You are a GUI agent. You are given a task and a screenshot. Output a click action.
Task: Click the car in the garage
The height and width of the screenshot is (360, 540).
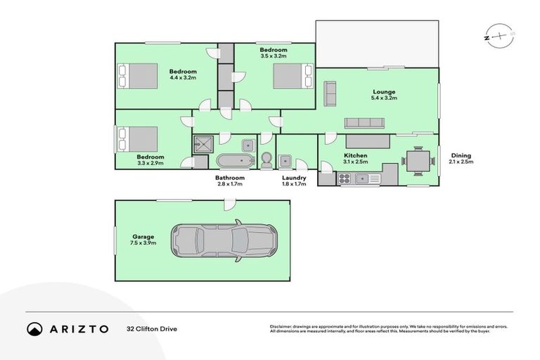click(x=224, y=240)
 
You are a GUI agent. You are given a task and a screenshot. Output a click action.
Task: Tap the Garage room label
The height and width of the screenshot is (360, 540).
click(x=143, y=236)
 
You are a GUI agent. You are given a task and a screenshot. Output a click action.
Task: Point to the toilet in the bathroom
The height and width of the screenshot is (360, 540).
click(x=266, y=160)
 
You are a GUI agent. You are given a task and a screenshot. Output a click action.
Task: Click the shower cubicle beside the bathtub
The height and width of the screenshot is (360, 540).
click(x=199, y=145)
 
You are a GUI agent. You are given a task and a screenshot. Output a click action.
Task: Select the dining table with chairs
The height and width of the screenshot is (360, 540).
click(x=418, y=161)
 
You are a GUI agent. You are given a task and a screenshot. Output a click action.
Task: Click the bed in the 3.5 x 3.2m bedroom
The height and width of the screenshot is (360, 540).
click(x=292, y=75)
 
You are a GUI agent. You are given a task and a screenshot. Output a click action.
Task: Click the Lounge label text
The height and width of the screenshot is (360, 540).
click(x=384, y=91)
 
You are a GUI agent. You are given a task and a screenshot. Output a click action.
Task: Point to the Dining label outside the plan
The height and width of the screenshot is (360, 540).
click(x=461, y=155)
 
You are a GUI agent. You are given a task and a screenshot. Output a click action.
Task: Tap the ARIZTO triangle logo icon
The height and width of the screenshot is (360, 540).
click(x=34, y=328)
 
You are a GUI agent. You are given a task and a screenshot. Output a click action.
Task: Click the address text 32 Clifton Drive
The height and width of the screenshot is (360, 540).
click(x=152, y=328)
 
